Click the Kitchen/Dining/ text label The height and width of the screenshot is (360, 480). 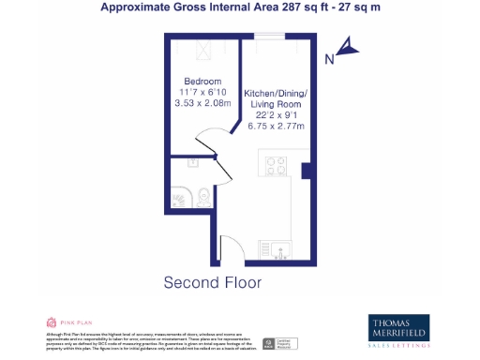click(x=276, y=94)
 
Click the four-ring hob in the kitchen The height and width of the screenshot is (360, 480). click(x=277, y=166)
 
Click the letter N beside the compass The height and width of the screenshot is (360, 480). click(x=329, y=59)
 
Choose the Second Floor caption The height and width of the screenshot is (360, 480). click(x=213, y=282)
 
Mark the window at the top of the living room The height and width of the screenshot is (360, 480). click(x=270, y=37)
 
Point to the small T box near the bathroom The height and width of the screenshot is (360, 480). click(x=191, y=163)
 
